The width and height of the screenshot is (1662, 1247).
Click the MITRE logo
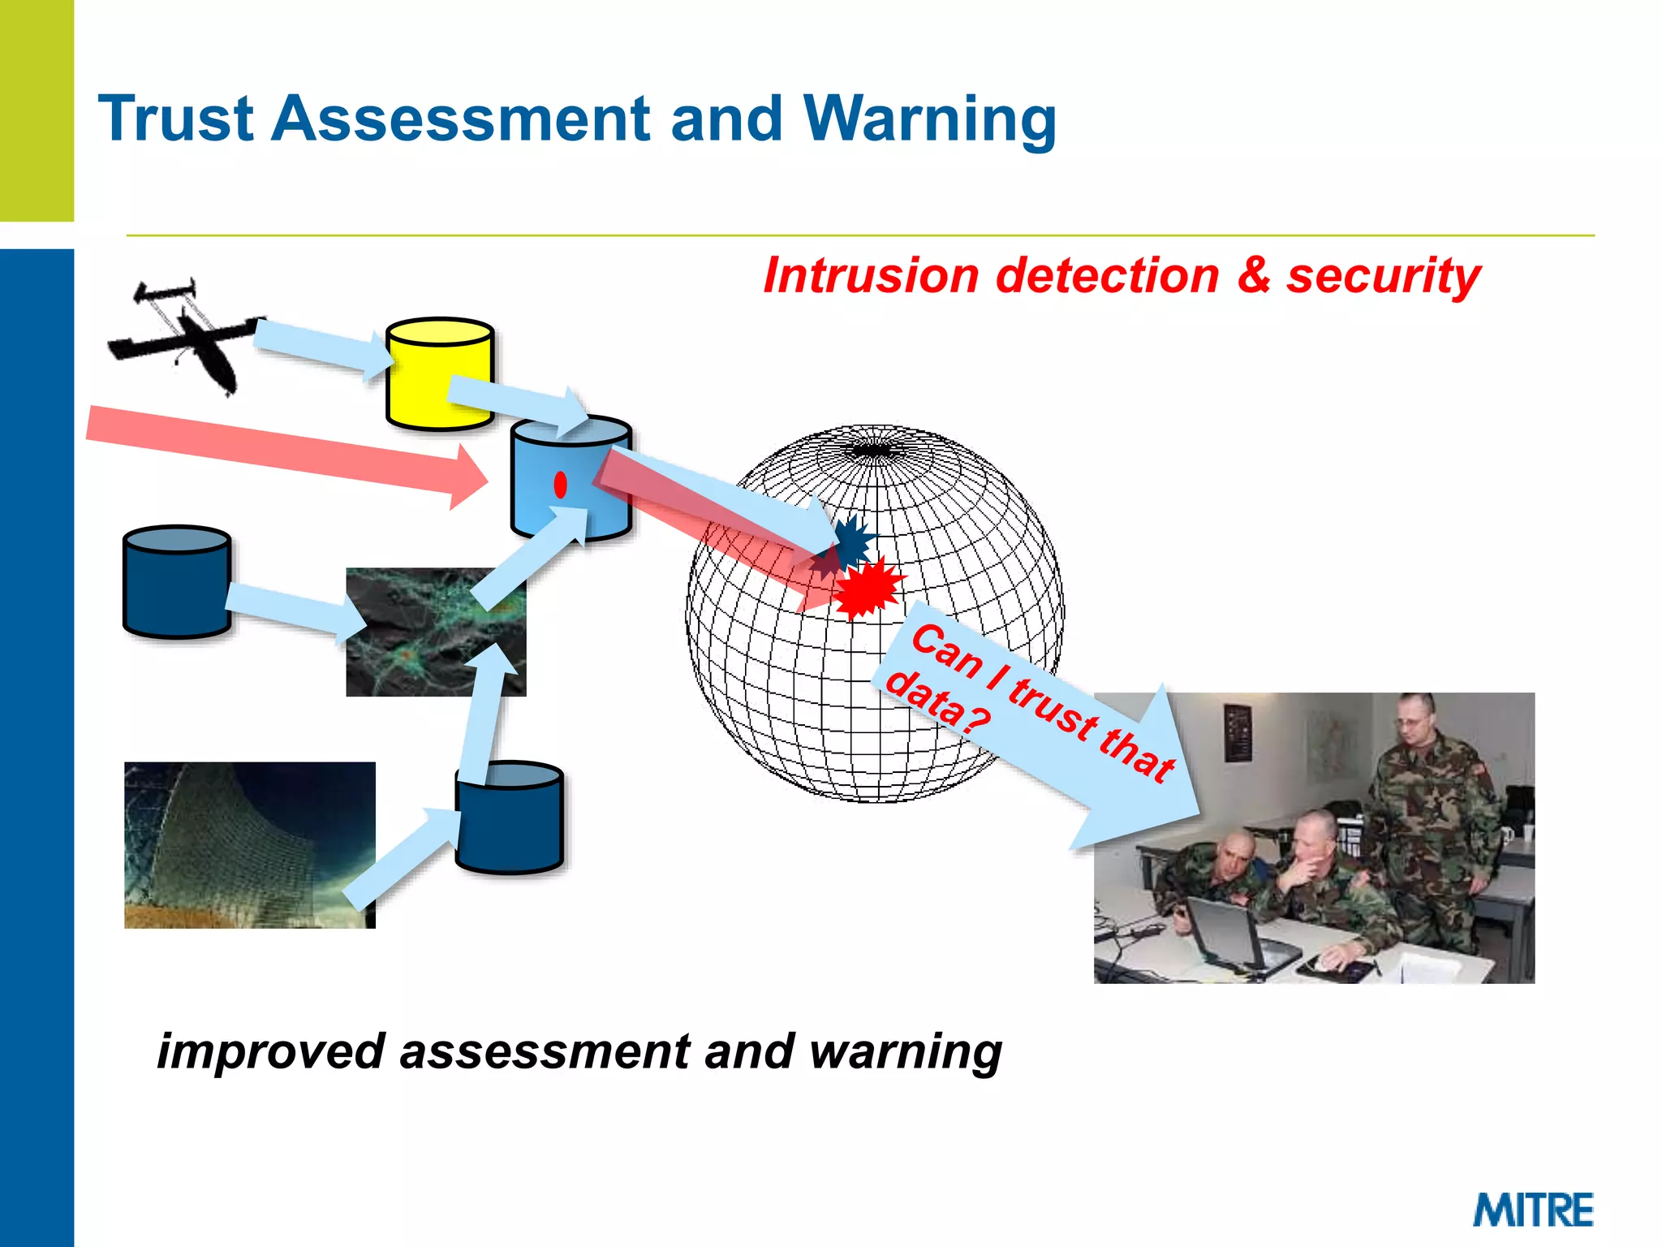(1533, 1210)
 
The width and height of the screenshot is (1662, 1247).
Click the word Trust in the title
(175, 119)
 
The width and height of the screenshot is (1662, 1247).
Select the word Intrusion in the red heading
(871, 276)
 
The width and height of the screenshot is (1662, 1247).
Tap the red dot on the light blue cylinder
(560, 485)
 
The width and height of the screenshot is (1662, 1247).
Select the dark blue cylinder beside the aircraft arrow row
(176, 581)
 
